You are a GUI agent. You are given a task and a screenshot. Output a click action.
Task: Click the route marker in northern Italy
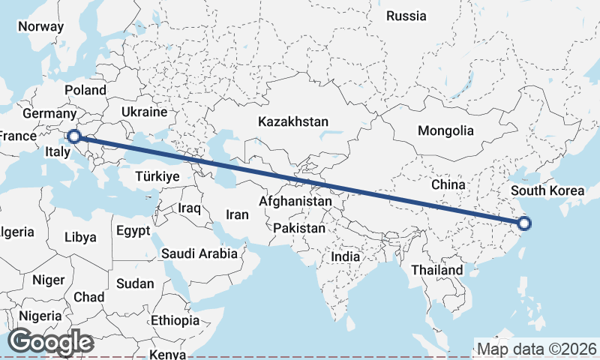tap(74, 136)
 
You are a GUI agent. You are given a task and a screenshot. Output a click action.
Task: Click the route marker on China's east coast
tap(524, 223)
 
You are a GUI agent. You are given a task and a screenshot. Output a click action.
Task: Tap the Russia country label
tap(406, 16)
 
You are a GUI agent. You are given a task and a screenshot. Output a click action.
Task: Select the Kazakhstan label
tap(292, 121)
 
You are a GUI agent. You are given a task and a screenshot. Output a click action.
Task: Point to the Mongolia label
tap(445, 130)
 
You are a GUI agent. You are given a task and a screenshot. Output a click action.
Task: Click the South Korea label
tap(547, 190)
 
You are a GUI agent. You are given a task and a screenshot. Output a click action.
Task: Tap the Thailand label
tap(436, 269)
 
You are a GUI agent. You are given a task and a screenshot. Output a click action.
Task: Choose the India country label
tap(346, 256)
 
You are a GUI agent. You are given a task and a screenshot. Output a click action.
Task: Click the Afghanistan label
tap(295, 201)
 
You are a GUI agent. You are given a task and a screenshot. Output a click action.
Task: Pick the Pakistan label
tap(299, 228)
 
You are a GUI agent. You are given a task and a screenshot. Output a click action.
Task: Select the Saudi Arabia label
tap(199, 253)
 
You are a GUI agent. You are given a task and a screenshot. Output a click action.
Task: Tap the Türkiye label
tap(157, 177)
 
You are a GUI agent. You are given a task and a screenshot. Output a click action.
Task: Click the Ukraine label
tap(144, 112)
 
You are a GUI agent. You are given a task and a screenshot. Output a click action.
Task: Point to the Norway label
tap(40, 26)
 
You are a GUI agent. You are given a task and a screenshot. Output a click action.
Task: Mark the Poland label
tap(85, 90)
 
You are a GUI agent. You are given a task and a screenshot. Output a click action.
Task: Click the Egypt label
tap(133, 231)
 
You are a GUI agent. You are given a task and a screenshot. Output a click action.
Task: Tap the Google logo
tap(50, 342)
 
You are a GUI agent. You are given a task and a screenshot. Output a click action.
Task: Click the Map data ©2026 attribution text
tap(537, 349)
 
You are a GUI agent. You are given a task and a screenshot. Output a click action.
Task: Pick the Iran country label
tap(237, 214)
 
